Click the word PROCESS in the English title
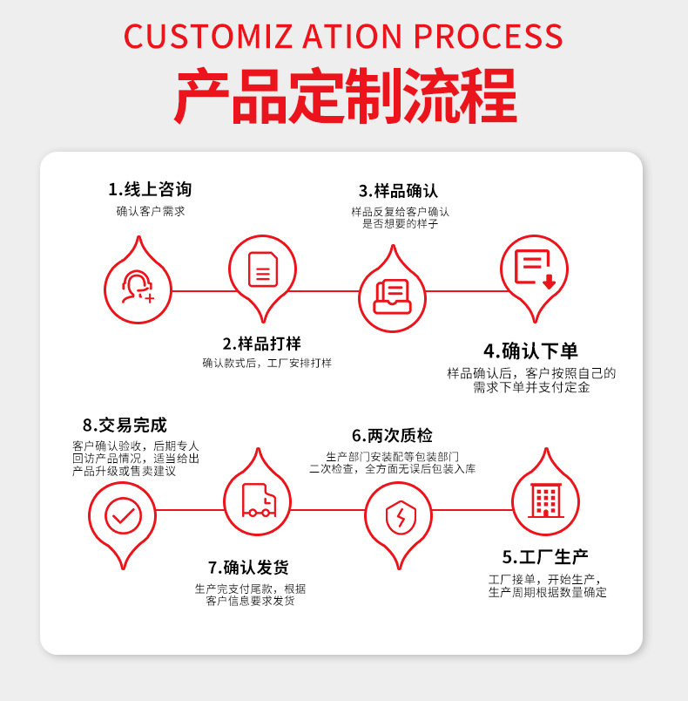[x=488, y=36]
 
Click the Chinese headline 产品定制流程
[x=344, y=96]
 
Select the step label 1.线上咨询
[x=150, y=189]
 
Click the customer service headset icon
[x=138, y=287]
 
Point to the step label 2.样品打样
[x=262, y=344]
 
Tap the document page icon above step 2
[x=262, y=269]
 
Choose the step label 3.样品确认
[x=398, y=190]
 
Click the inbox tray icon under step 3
[x=392, y=296]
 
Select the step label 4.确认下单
[x=531, y=351]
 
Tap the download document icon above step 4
[x=534, y=269]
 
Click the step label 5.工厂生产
[x=545, y=557]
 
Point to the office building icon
[x=545, y=500]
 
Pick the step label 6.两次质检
[x=392, y=435]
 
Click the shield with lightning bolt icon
[x=398, y=518]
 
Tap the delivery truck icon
[x=258, y=500]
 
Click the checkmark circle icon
[x=123, y=515]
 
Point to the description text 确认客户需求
[x=151, y=211]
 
